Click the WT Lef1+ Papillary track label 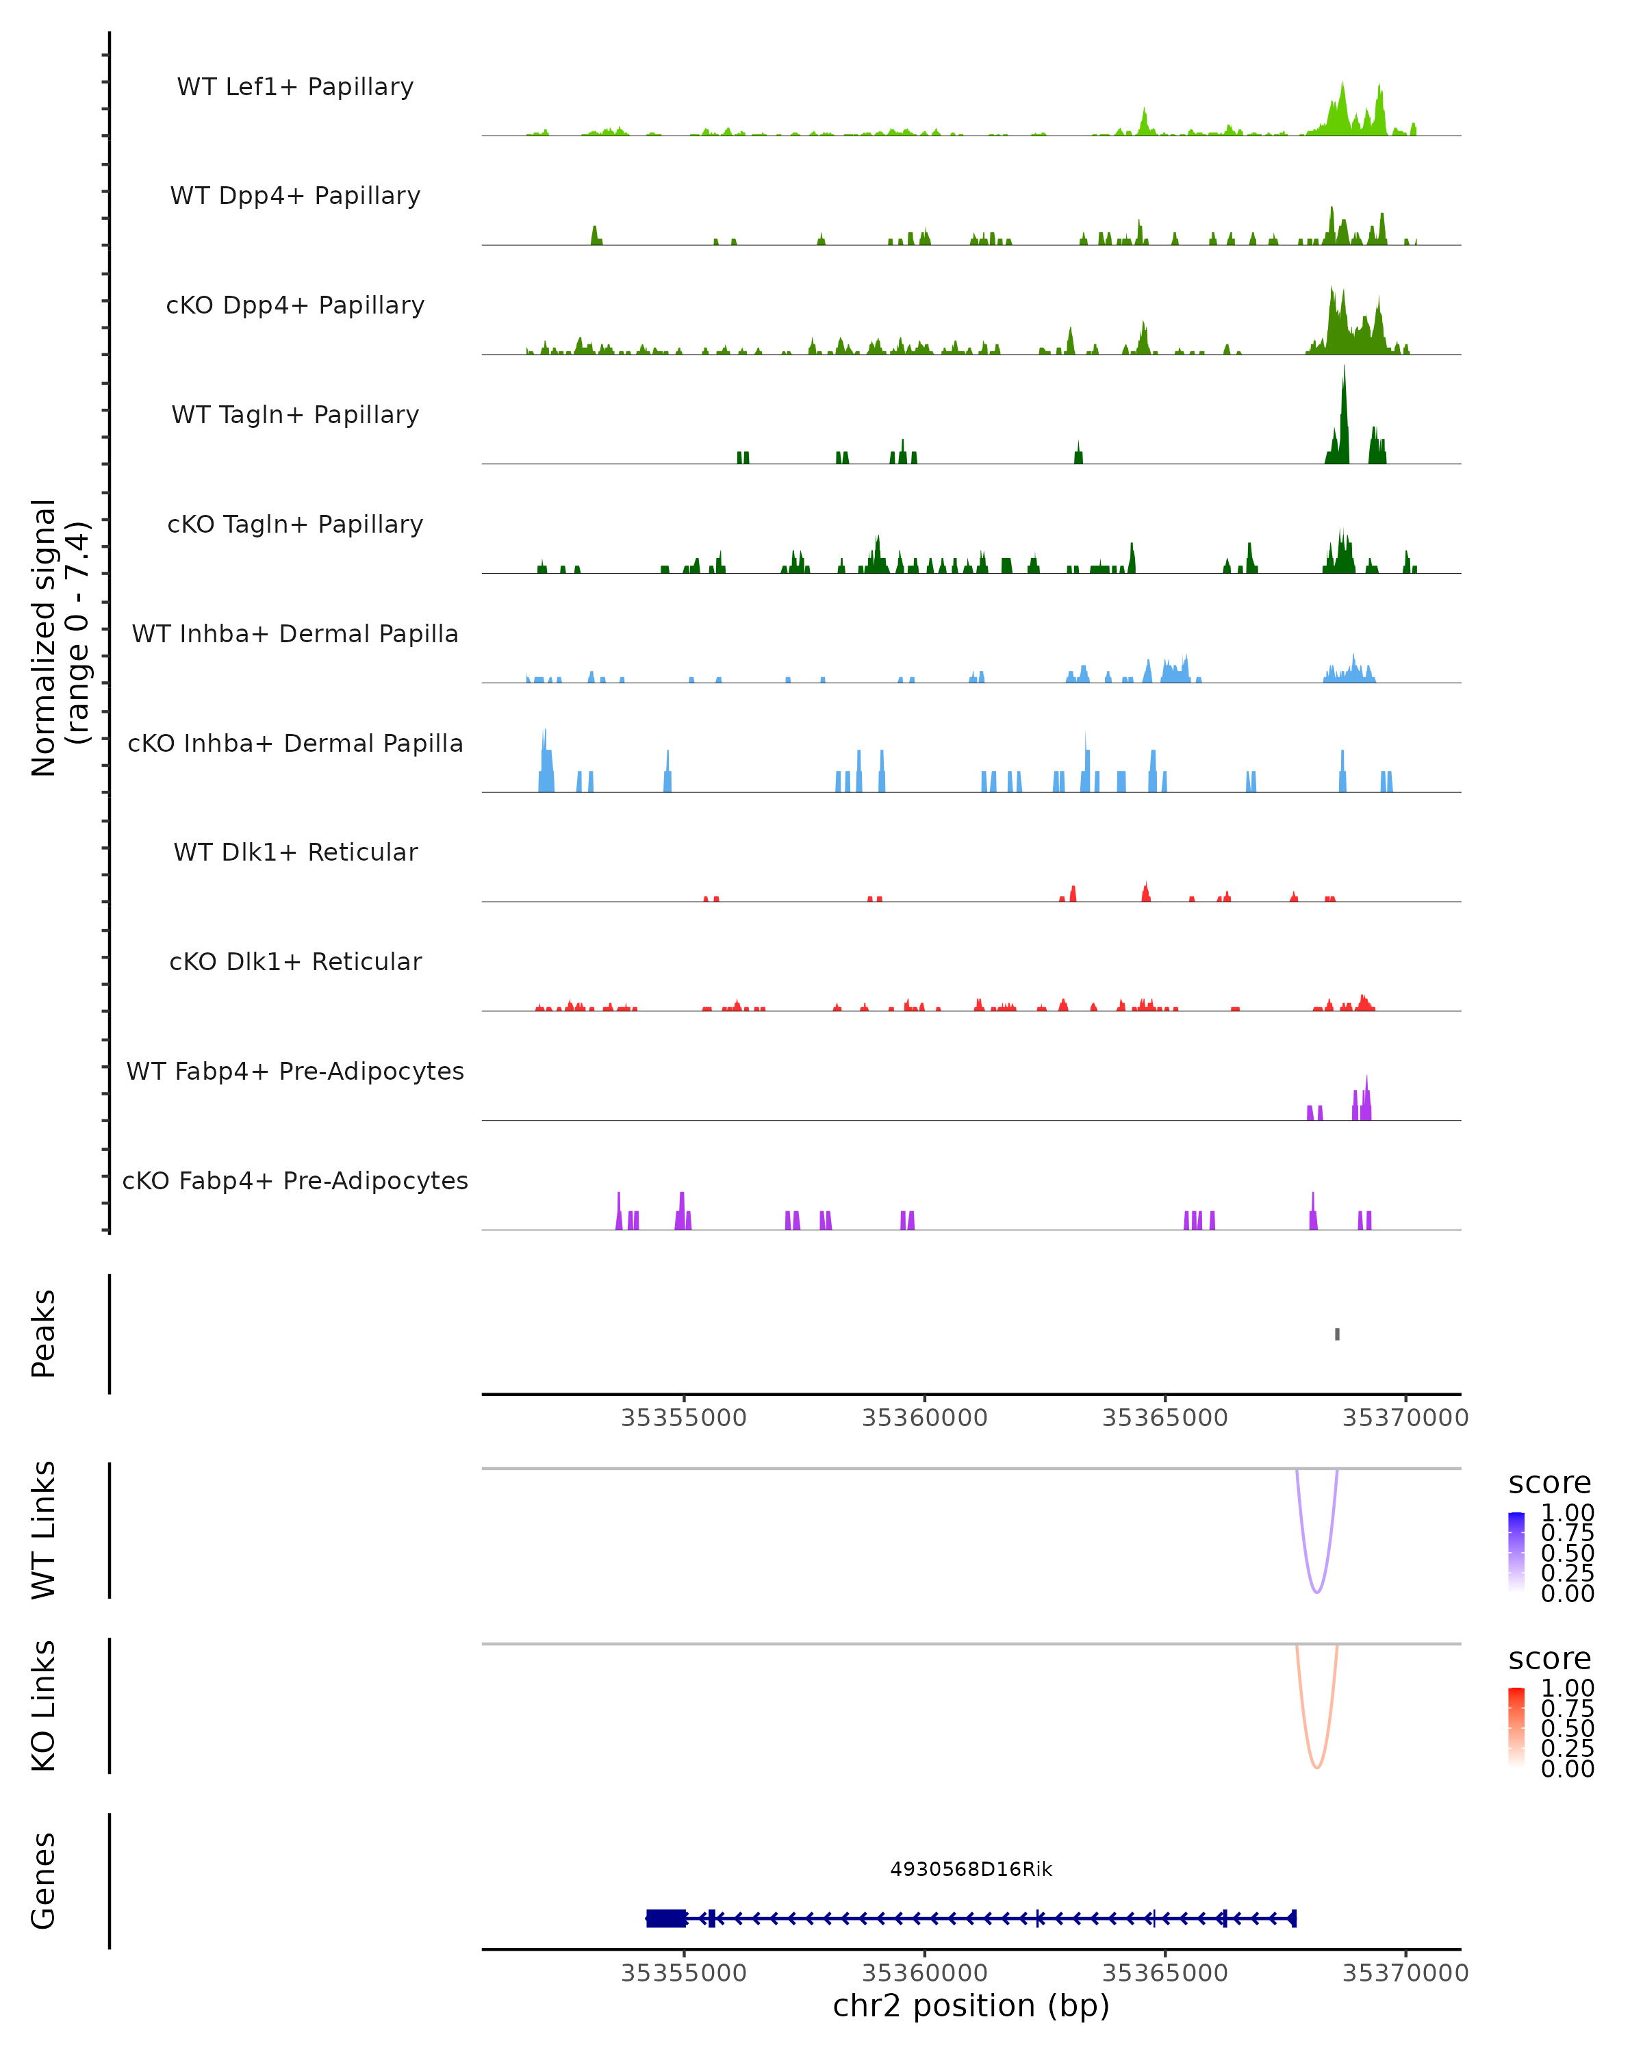(295, 87)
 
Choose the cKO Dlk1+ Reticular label (295, 961)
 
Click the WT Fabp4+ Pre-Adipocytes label (295, 1071)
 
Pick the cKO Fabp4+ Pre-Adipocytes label (295, 1180)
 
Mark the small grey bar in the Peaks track (1337, 1334)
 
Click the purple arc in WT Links (1317, 1592)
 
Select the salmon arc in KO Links (1317, 1767)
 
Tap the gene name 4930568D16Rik (971, 1869)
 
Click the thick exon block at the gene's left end (666, 1918)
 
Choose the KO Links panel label (44, 1706)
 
